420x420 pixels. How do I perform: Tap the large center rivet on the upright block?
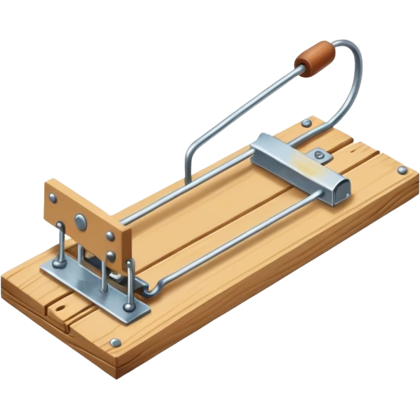click(x=79, y=222)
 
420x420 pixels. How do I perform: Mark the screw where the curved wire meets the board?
click(x=307, y=124)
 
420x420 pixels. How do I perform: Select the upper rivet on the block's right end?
click(x=109, y=236)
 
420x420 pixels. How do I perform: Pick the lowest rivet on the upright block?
click(x=111, y=255)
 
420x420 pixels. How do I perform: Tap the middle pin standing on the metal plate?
click(x=104, y=275)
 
